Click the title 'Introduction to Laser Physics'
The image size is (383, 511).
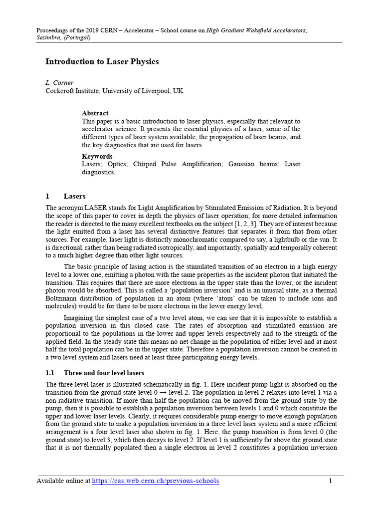(x=102, y=62)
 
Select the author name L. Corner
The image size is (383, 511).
(x=60, y=83)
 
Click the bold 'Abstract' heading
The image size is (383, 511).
(x=95, y=113)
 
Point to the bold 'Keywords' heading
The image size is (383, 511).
(x=97, y=156)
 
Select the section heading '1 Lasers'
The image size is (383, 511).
(x=66, y=196)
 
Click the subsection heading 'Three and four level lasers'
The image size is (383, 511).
(x=104, y=373)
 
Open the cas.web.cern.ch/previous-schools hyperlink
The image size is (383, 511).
(x=156, y=481)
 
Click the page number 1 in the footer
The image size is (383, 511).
(x=330, y=481)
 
